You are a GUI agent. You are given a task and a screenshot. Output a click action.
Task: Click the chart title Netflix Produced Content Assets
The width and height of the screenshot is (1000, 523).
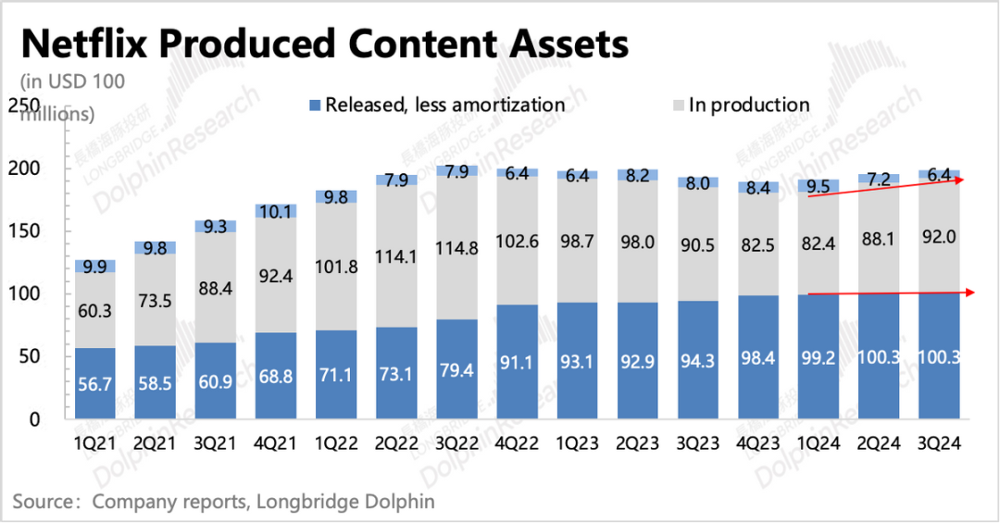tap(324, 44)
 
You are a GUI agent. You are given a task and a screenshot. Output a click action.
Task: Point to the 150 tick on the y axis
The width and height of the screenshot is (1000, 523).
tap(34, 231)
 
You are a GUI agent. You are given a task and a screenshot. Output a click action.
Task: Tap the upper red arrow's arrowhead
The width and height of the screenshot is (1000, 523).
tap(963, 180)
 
